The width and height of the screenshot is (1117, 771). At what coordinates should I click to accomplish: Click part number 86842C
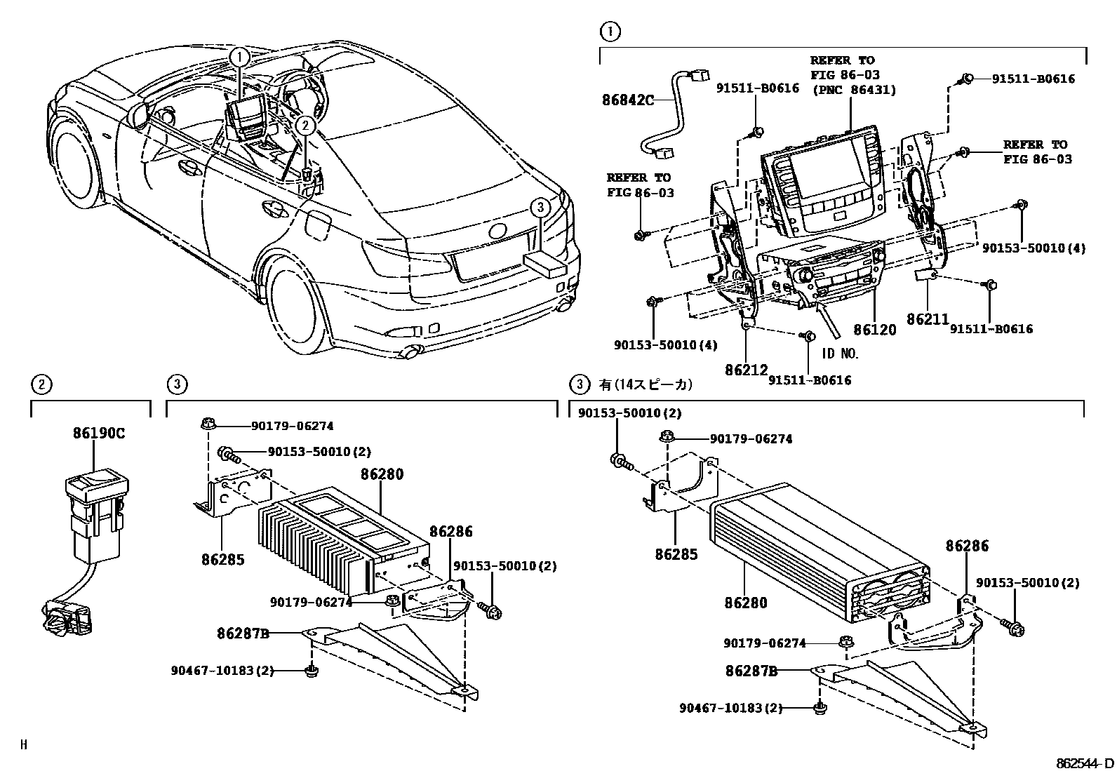coord(627,100)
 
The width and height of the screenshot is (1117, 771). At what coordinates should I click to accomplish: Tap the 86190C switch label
coord(98,433)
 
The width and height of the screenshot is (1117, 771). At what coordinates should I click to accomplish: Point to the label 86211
coord(927,319)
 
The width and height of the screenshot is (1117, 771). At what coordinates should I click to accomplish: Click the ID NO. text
coord(841,354)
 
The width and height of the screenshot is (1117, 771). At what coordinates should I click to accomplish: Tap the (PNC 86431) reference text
coord(854,89)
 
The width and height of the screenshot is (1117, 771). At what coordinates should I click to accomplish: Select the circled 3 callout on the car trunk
coord(539,207)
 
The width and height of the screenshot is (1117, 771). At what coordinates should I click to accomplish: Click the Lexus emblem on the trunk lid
coord(497,231)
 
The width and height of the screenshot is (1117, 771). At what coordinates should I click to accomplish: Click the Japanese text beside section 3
coord(646,384)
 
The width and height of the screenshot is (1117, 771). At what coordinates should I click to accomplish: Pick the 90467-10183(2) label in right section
coord(730,708)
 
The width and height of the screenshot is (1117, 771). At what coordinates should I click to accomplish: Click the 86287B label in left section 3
coord(243,633)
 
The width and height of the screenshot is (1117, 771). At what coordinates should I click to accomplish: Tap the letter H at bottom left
coord(23,745)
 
